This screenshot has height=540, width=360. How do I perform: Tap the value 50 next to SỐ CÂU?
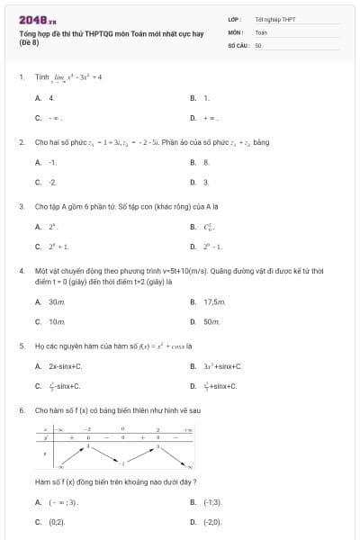coord(257,44)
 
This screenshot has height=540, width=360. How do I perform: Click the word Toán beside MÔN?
coord(261,31)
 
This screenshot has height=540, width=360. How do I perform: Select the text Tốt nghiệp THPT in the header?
coord(274,19)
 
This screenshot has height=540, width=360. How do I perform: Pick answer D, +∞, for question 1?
coord(212,117)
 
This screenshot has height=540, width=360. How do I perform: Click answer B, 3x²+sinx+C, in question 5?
coord(222,366)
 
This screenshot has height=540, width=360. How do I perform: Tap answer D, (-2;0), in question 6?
coord(212,521)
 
